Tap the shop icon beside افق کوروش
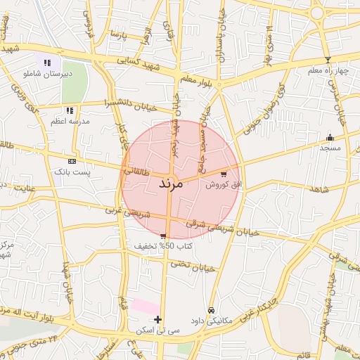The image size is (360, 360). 224,174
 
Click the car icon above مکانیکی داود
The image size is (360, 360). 210,309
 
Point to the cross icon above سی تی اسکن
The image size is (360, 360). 157,319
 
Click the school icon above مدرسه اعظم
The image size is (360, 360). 70,110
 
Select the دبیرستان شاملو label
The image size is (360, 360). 47,73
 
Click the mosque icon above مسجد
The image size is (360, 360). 330,137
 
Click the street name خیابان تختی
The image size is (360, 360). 195,266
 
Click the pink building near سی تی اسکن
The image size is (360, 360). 146,307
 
